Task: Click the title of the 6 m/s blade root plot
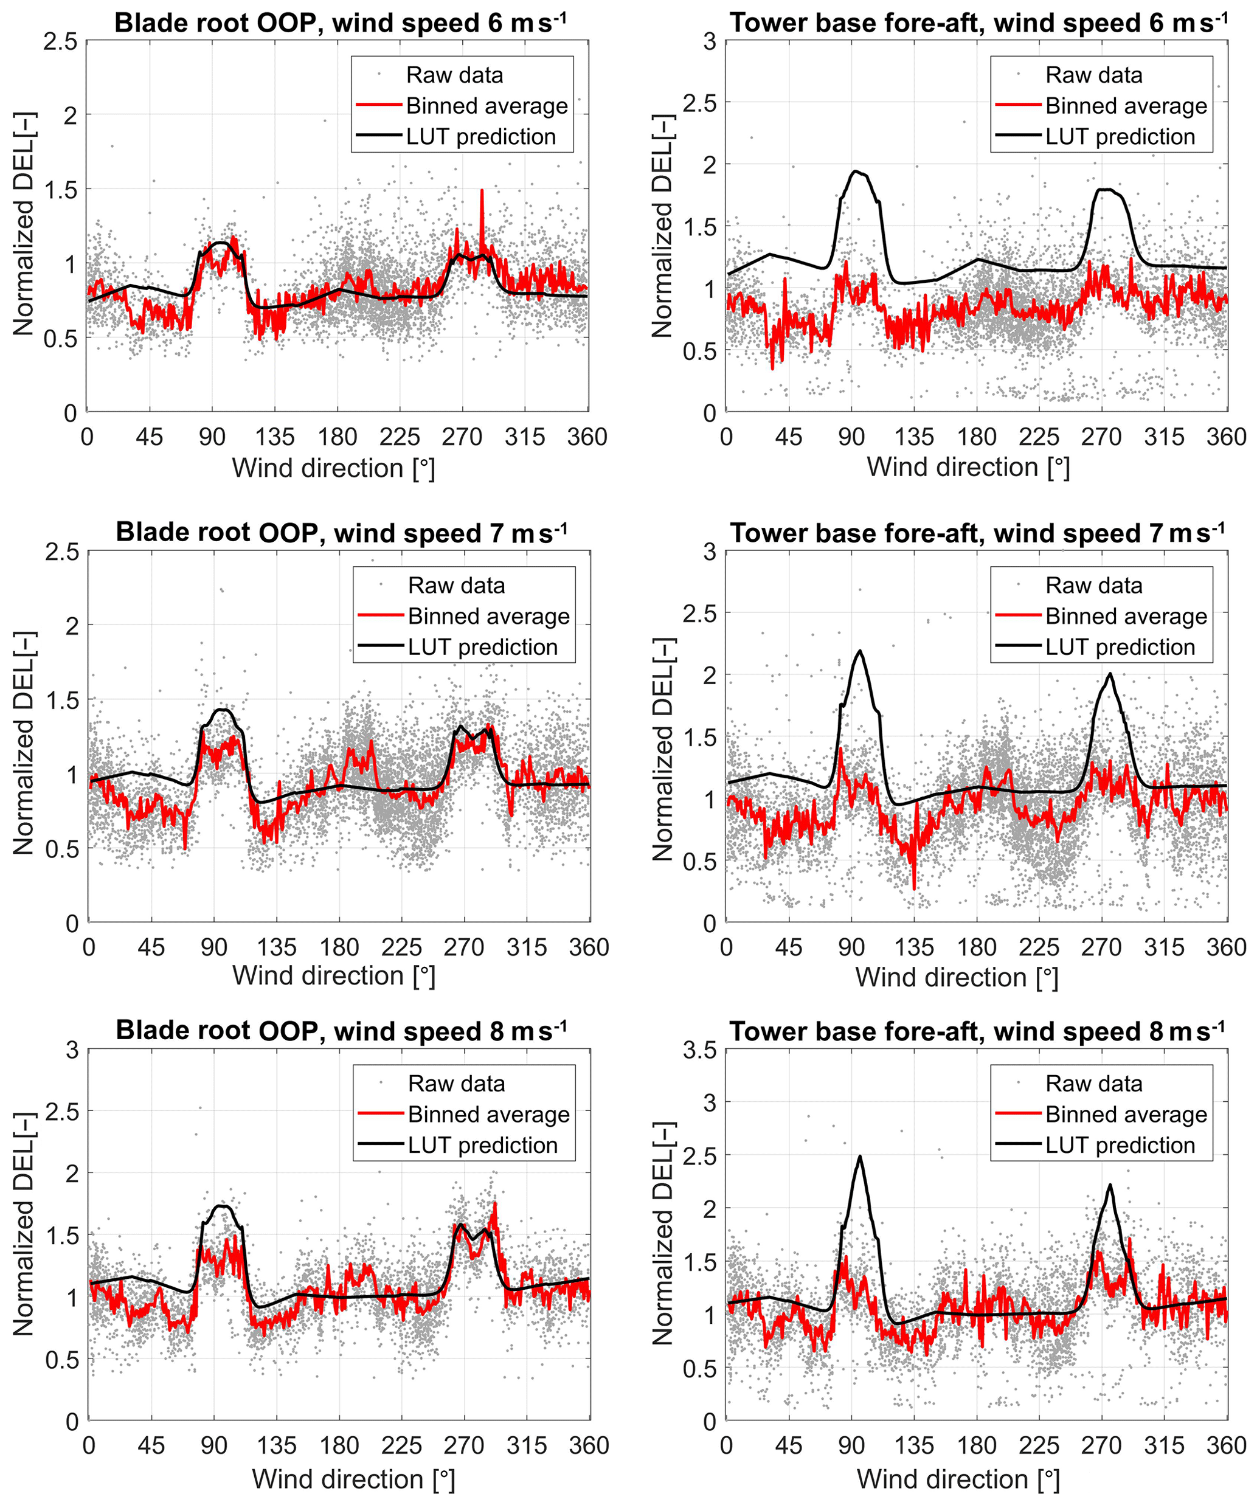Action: (340, 23)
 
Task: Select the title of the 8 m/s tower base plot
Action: (977, 1031)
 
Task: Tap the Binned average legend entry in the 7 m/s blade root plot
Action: (488, 617)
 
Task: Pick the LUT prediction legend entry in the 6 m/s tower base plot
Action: (1120, 136)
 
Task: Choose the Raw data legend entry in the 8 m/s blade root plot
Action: (455, 1084)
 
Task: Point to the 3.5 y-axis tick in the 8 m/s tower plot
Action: (699, 1051)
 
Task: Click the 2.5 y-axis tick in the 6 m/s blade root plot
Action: (60, 41)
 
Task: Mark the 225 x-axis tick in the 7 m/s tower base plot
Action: (1039, 947)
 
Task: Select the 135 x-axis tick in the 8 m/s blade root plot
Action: (277, 1445)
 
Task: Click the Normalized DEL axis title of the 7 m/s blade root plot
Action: (24, 743)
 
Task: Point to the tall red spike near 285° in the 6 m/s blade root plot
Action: (482, 192)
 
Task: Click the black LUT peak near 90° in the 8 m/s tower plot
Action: (859, 1157)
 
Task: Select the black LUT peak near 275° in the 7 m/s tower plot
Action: (1110, 674)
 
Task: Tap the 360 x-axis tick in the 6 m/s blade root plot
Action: (587, 437)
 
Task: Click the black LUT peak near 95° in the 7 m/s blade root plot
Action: (223, 710)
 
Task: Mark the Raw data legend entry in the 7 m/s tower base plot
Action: (1093, 586)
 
